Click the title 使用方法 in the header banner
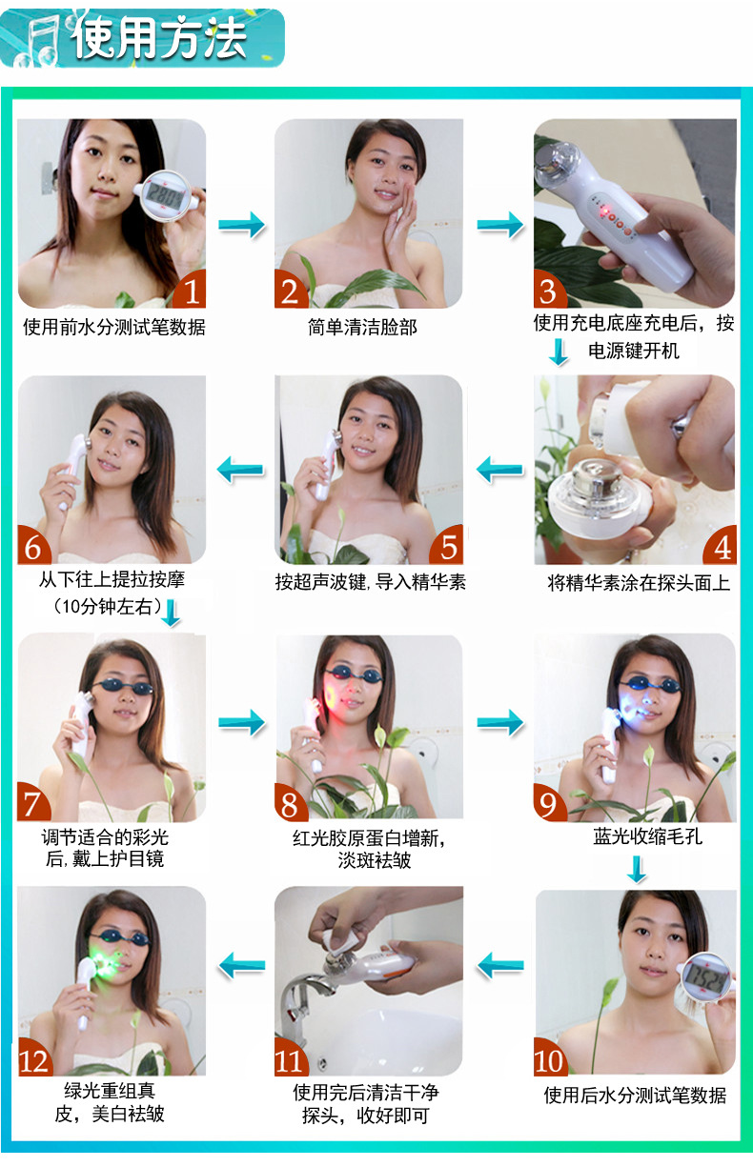click(158, 37)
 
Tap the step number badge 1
click(190, 290)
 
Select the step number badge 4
click(720, 546)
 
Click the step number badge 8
click(291, 802)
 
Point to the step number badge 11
click(291, 1057)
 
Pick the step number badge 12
click(35, 1057)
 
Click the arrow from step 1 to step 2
click(241, 225)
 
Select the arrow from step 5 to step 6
click(240, 470)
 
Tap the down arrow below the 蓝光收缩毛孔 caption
click(637, 869)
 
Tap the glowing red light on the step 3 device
click(606, 211)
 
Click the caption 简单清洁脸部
click(362, 327)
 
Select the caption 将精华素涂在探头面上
click(639, 582)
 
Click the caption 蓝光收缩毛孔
click(648, 836)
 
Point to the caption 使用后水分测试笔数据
click(635, 1096)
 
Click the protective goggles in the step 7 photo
click(123, 687)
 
